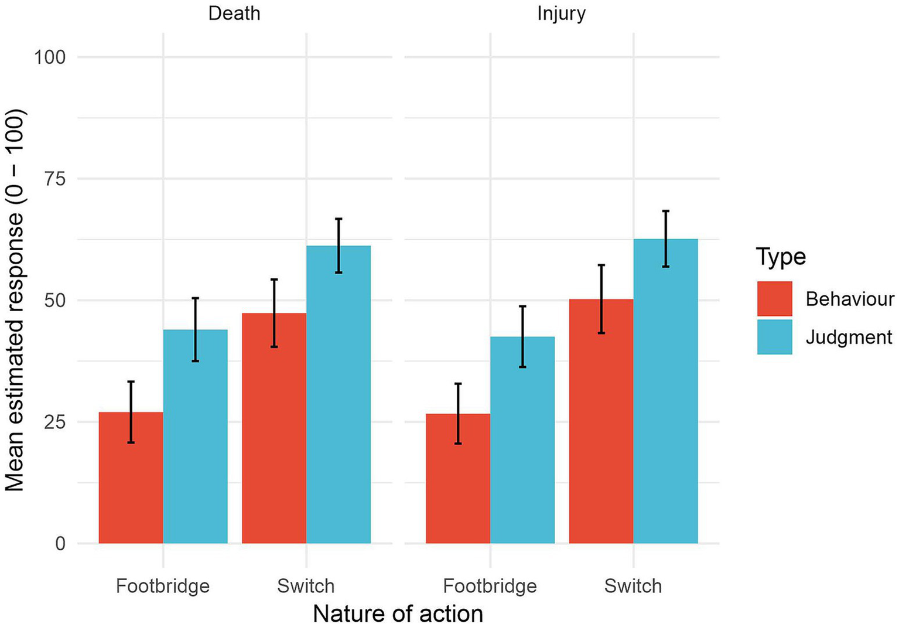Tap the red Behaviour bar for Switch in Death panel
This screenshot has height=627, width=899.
(x=274, y=428)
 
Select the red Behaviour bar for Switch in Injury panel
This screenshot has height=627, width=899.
(x=601, y=421)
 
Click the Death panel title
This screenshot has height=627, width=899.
(x=234, y=13)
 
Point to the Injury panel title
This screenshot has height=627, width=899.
(x=561, y=13)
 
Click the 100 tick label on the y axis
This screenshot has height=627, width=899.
(x=49, y=57)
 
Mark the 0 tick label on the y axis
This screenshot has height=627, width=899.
(x=60, y=544)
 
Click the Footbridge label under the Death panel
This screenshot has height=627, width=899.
(x=162, y=586)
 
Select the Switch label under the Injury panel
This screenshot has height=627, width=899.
(x=633, y=586)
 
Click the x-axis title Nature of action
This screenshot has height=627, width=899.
(x=398, y=614)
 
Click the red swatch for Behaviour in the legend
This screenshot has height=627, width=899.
(x=774, y=299)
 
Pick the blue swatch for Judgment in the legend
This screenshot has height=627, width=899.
(x=774, y=337)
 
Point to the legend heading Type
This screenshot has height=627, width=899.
(x=780, y=257)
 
